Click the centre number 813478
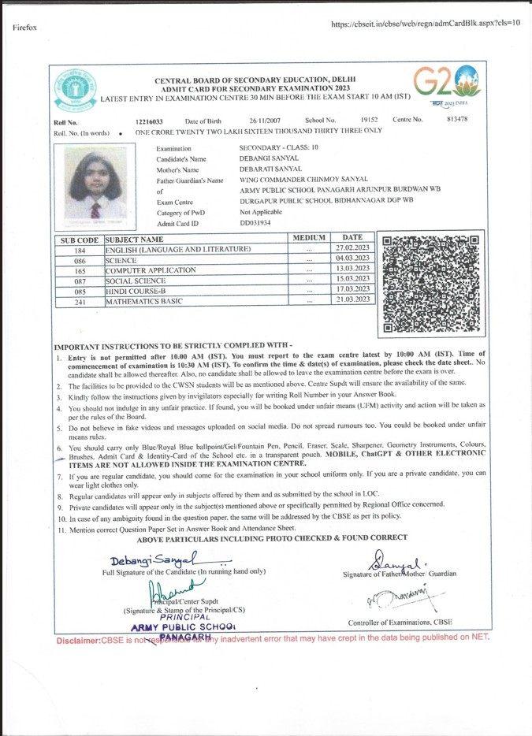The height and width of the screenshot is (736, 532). pos(457,119)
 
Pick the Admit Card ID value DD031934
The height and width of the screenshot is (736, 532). pos(255,223)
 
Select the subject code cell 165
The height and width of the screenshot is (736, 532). pos(80,270)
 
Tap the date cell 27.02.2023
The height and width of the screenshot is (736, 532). pos(352,248)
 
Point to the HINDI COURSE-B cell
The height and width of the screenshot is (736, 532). pos(136,291)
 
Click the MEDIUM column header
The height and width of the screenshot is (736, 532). pos(309,238)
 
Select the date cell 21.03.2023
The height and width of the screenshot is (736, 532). pos(352,300)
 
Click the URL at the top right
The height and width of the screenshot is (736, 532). pos(426,24)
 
